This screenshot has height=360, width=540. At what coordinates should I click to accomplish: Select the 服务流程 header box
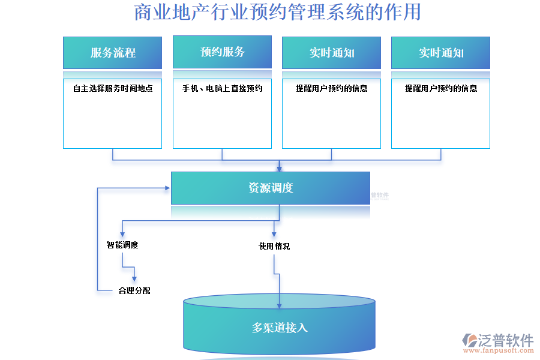click(112, 53)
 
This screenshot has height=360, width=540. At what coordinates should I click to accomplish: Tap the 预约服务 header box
click(222, 52)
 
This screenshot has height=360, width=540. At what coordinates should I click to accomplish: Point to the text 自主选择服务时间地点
click(112, 88)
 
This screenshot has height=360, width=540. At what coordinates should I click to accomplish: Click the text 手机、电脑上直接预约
click(222, 88)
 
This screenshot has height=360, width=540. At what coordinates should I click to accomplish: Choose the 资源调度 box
click(270, 188)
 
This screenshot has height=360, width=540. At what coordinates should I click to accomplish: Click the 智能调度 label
click(122, 245)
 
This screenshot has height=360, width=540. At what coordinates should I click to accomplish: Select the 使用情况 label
click(274, 246)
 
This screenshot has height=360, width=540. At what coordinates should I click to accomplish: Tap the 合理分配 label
click(134, 290)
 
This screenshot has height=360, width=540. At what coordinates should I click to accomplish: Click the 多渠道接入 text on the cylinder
click(280, 328)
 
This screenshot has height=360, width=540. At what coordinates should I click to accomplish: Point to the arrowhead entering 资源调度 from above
click(279, 169)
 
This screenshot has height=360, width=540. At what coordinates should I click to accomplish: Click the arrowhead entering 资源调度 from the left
click(167, 188)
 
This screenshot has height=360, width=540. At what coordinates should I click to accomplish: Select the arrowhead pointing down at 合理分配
click(134, 278)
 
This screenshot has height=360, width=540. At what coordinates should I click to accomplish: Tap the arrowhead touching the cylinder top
click(280, 307)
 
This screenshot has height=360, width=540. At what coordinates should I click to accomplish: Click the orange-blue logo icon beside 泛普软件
click(469, 340)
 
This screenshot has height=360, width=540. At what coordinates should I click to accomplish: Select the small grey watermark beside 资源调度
click(380, 196)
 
